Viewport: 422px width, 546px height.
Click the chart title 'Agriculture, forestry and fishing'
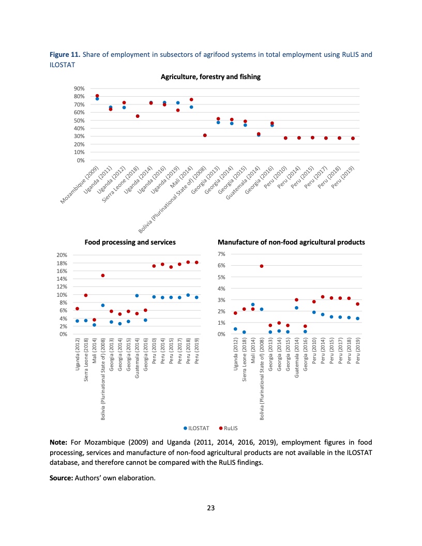(x=210, y=77)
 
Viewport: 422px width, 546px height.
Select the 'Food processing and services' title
(x=130, y=242)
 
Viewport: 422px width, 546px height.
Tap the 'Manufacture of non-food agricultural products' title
(x=292, y=242)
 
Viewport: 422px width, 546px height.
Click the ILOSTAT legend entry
(x=197, y=428)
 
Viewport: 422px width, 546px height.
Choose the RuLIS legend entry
(x=228, y=428)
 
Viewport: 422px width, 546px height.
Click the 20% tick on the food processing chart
(x=62, y=255)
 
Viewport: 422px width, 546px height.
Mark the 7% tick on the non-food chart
(x=221, y=254)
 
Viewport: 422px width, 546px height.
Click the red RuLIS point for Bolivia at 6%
(x=262, y=266)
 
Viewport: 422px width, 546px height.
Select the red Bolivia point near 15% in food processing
(x=103, y=276)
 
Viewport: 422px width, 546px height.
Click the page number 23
(x=210, y=508)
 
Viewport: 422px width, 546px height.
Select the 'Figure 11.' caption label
(x=65, y=54)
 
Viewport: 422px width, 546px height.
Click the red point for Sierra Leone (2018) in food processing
(x=86, y=295)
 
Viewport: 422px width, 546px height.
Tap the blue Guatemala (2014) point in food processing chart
(x=137, y=295)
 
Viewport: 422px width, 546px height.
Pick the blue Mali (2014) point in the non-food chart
(x=253, y=305)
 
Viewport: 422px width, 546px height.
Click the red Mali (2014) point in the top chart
(x=191, y=99)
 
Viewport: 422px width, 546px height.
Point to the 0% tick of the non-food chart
(x=221, y=334)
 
